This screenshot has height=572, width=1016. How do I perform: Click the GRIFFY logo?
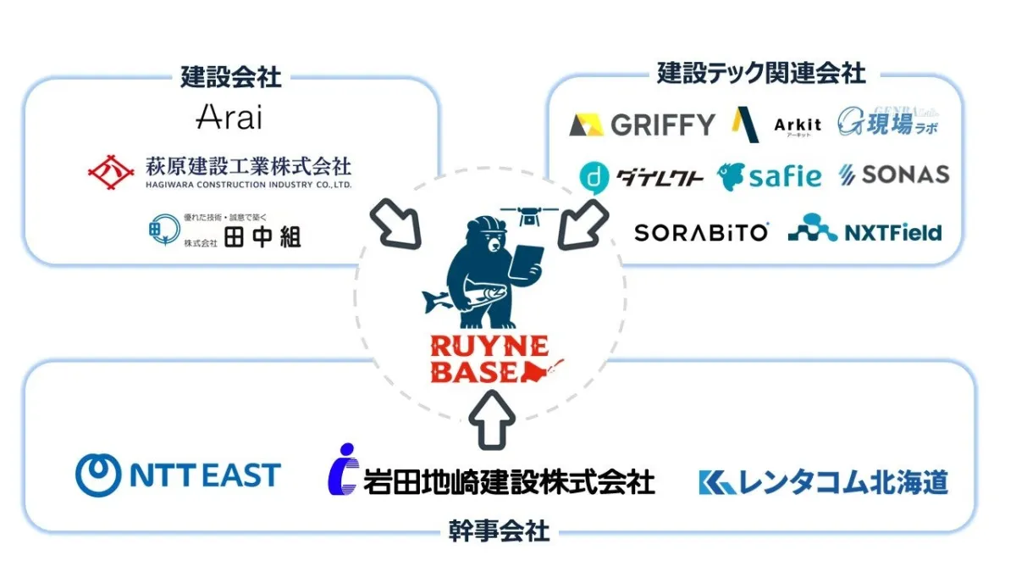pyautogui.click(x=643, y=125)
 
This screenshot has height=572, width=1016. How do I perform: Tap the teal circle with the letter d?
pyautogui.click(x=594, y=177)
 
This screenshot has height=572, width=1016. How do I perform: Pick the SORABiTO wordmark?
pyautogui.click(x=702, y=232)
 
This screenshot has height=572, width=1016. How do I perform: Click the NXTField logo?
pyautogui.click(x=864, y=230)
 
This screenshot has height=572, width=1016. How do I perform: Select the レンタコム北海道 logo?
pyautogui.click(x=823, y=482)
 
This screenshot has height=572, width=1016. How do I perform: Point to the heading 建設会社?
pyautogui.click(x=230, y=76)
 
